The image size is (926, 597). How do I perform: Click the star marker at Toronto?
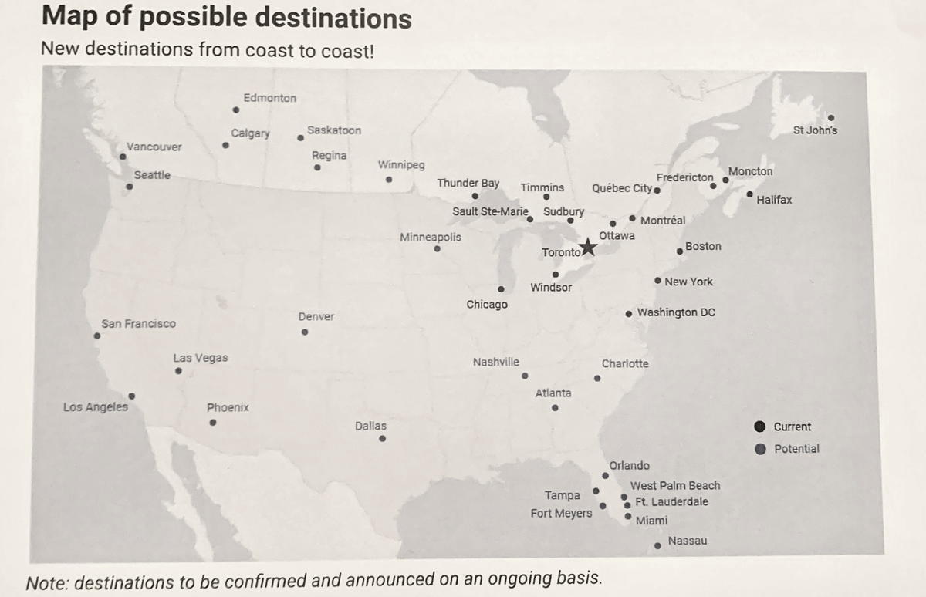[588, 248]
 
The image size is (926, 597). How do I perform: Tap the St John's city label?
[815, 130]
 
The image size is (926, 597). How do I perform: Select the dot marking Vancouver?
[123, 157]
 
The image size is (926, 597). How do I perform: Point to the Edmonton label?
[269, 98]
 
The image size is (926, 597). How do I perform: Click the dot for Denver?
[305, 332]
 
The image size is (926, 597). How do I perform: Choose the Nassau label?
[687, 541]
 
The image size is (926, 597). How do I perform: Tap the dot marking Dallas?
[382, 439]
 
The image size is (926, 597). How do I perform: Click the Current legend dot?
[760, 427]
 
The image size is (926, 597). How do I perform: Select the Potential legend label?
[796, 448]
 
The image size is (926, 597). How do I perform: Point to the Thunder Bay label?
[468, 184]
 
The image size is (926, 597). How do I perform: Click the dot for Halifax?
[749, 194]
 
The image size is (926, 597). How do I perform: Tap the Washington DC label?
[676, 312]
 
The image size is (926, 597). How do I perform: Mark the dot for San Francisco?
[97, 336]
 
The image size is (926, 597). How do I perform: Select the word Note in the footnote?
[46, 582]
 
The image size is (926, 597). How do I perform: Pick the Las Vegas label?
[201, 358]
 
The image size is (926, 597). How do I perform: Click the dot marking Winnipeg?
[389, 180]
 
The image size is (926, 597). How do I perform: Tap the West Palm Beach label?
[675, 485]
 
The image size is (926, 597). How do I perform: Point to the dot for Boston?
[680, 251]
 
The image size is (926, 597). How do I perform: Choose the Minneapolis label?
[431, 237]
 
